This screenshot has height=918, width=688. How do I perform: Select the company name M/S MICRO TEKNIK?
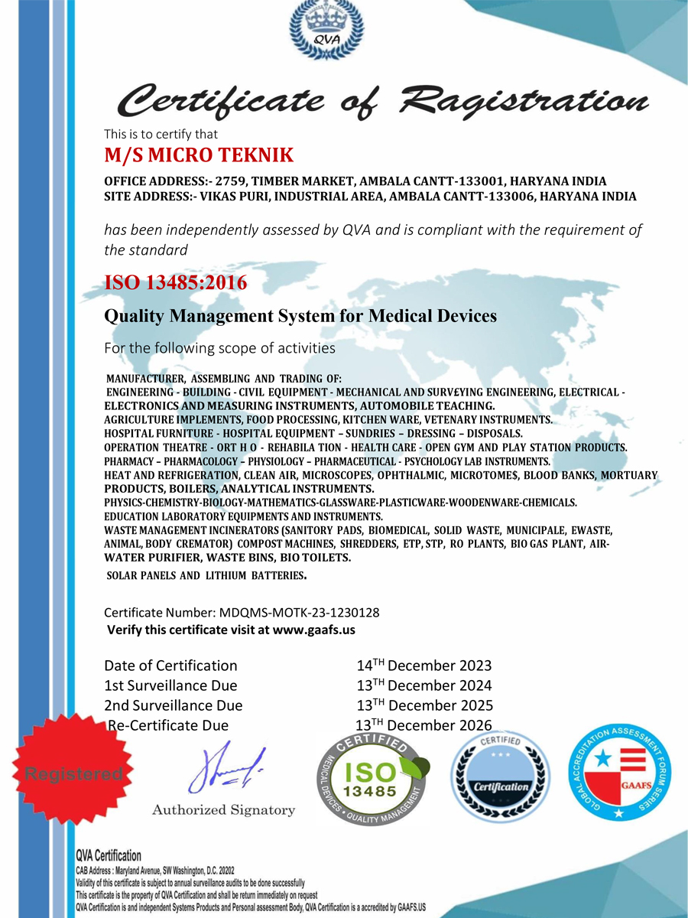click(x=199, y=155)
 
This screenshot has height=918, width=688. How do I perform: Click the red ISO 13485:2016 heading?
click(x=176, y=283)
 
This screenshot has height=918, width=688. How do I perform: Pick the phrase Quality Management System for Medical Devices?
click(x=300, y=315)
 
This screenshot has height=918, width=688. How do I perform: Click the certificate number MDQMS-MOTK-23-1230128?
click(x=299, y=613)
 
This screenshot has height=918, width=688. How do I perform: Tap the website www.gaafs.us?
click(x=313, y=630)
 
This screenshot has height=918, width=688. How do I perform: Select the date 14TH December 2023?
click(x=424, y=666)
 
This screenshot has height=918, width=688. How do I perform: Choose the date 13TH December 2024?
click(x=424, y=685)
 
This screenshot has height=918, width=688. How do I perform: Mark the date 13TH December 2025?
click(x=424, y=705)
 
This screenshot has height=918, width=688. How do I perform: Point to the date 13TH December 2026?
click(x=424, y=725)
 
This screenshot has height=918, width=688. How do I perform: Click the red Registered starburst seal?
click(x=73, y=773)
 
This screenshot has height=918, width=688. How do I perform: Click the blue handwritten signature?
click(x=226, y=769)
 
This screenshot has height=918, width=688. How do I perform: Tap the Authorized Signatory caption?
click(x=223, y=810)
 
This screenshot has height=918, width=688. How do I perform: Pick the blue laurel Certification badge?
click(x=500, y=780)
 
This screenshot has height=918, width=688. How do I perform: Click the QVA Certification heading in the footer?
click(x=108, y=856)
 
